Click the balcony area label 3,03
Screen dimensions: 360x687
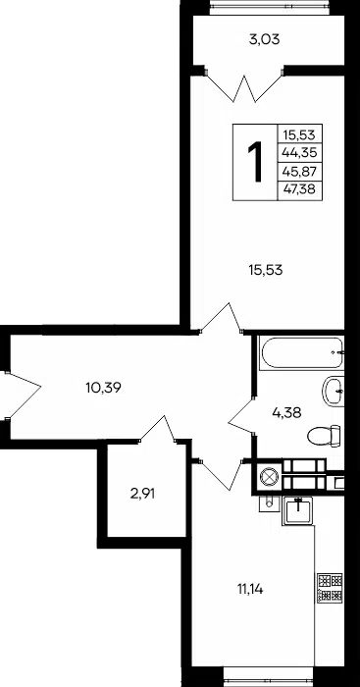tap(264, 40)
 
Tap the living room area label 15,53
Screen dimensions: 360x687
tap(266, 270)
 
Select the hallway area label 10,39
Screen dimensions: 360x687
tap(103, 388)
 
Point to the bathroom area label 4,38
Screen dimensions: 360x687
tap(286, 412)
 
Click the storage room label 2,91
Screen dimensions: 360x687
tap(143, 495)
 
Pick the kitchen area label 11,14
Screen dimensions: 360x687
tap(250, 590)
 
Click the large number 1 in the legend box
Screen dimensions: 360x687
tap(255, 162)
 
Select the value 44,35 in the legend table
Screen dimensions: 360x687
tap(299, 153)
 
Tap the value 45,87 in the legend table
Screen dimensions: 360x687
tap(299, 172)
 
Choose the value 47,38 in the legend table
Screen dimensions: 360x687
tap(299, 189)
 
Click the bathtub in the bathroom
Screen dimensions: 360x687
tap(301, 352)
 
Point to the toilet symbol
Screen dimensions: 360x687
tap(324, 436)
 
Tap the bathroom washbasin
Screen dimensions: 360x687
tap(333, 392)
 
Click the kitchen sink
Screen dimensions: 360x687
tap(297, 510)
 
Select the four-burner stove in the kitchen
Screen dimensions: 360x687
tap(330, 588)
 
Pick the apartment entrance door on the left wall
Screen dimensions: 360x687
tap(21, 396)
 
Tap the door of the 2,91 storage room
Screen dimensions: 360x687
tap(158, 429)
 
